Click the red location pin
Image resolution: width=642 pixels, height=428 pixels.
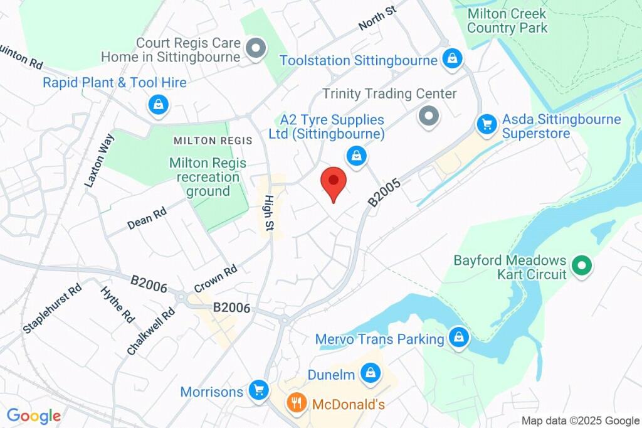[334, 183]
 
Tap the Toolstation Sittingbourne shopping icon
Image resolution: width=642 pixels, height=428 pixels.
[451, 60]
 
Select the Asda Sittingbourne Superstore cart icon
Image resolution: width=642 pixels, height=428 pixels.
[487, 124]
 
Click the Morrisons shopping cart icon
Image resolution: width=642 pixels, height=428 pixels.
[258, 390]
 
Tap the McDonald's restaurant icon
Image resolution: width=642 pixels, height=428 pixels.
[294, 402]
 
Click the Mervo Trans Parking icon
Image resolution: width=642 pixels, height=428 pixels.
[460, 338]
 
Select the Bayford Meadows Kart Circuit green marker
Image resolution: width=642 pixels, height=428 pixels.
[582, 266]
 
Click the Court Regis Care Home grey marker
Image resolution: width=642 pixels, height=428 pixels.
[256, 48]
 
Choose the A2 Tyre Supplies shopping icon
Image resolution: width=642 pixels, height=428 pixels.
[356, 156]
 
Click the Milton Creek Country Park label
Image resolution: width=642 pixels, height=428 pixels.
[507, 20]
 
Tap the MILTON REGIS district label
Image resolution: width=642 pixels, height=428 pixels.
[213, 141]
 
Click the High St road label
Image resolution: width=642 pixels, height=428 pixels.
[268, 213]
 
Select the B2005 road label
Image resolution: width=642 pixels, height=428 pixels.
[384, 191]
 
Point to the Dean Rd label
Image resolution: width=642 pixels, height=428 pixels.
[147, 218]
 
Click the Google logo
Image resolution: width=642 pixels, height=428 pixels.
[34, 415]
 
